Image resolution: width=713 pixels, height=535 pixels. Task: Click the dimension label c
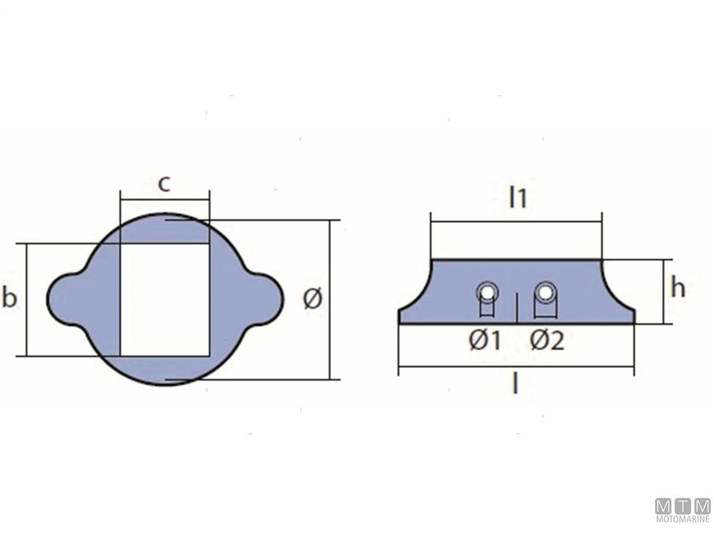click(164, 184)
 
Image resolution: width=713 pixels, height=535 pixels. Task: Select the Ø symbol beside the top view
click(313, 298)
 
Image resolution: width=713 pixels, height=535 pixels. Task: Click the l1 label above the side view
click(518, 198)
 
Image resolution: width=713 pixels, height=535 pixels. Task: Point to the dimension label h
click(678, 287)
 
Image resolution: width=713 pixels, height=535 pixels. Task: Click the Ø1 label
click(485, 341)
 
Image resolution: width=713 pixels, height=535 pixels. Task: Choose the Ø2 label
click(547, 341)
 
